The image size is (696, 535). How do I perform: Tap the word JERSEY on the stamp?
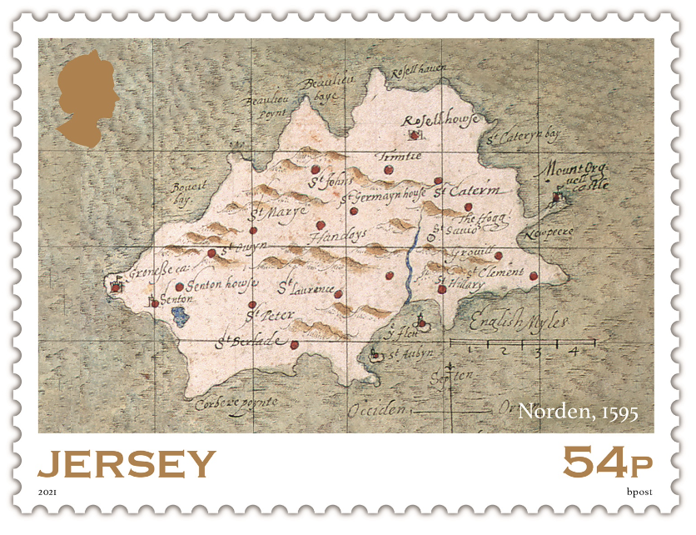[x=127, y=463]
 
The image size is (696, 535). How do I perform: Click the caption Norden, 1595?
[x=578, y=412]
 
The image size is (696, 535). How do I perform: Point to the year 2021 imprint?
[x=48, y=492]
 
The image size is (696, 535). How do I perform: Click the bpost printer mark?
[x=639, y=492]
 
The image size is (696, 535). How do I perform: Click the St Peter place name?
[x=265, y=316]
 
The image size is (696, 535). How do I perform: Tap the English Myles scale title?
[x=519, y=320]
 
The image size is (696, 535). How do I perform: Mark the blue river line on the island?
[x=412, y=267]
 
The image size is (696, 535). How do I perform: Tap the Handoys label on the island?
[x=337, y=237]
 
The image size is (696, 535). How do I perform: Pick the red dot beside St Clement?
[x=534, y=277]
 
